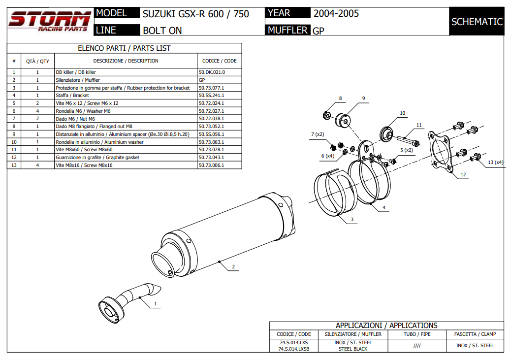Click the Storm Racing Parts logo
49,21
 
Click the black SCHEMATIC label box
477,22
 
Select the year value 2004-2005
336,14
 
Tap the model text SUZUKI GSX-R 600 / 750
195,14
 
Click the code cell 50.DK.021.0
212,72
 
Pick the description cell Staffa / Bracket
72,95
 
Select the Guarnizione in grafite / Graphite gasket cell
97,158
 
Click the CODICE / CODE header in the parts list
219,61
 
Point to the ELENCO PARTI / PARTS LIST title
124,48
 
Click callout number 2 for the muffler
233,267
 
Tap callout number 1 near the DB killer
156,304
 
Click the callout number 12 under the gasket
463,174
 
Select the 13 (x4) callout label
495,162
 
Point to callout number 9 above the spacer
363,98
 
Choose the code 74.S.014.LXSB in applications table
294,349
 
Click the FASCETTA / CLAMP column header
475,334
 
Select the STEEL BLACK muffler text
353,349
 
